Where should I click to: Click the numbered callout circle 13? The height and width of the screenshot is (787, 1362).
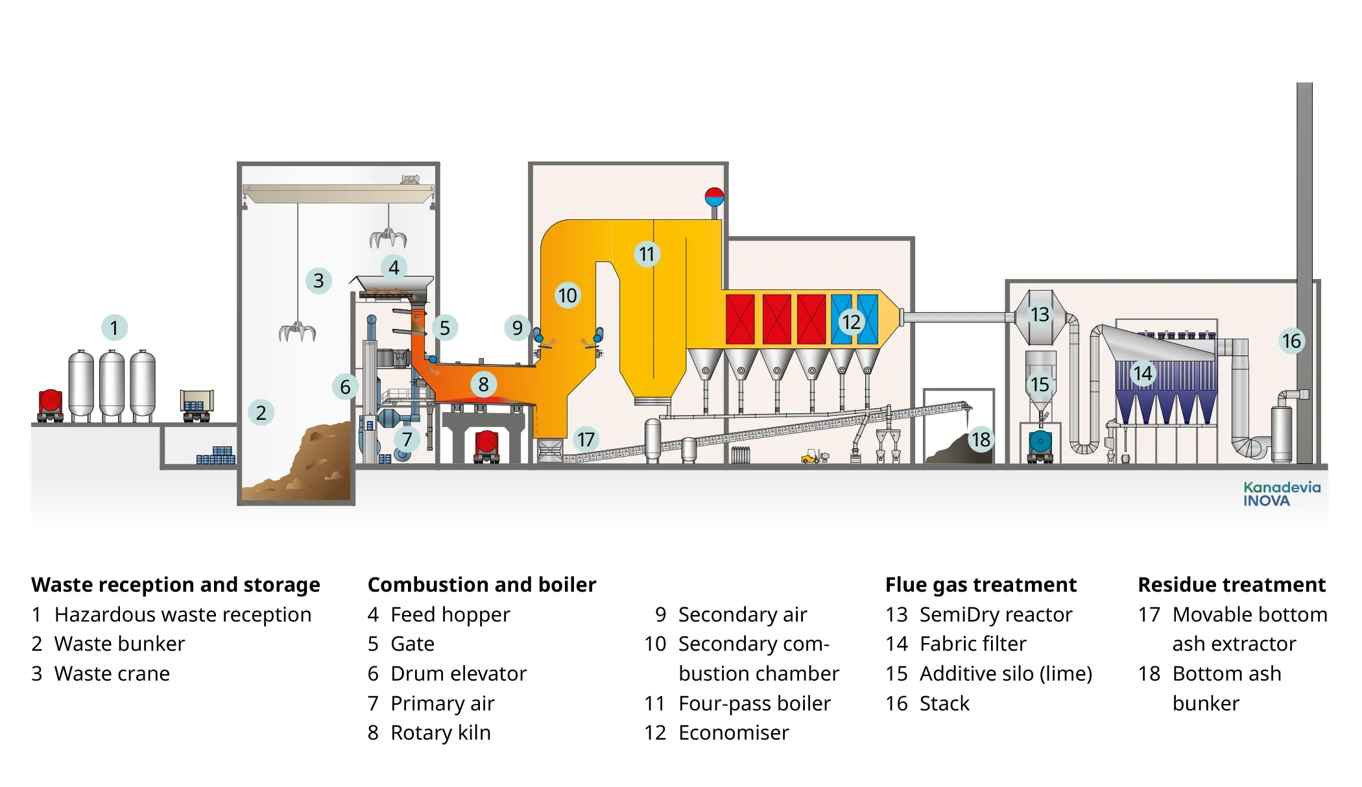pyautogui.click(x=1040, y=315)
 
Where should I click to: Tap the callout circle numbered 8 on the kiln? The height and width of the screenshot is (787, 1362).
pyautogui.click(x=483, y=384)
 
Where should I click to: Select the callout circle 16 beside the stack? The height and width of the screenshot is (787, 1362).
pyautogui.click(x=1291, y=341)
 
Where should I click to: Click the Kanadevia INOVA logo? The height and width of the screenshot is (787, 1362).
pyautogui.click(x=1282, y=494)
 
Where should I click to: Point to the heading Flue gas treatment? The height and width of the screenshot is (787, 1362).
pyautogui.click(x=980, y=585)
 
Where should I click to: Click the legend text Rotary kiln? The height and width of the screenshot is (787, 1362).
pyautogui.click(x=440, y=733)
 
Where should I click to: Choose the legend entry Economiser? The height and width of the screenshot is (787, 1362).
pyautogui.click(x=733, y=733)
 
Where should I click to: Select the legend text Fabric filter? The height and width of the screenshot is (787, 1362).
pyautogui.click(x=973, y=644)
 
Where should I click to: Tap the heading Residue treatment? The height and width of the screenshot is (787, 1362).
pyautogui.click(x=1231, y=585)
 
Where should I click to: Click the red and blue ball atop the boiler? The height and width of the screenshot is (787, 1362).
pyautogui.click(x=714, y=196)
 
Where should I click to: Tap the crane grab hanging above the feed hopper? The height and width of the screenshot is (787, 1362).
pyautogui.click(x=388, y=238)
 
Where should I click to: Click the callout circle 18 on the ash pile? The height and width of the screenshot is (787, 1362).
pyautogui.click(x=981, y=440)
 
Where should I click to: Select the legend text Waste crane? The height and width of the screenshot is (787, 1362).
pyautogui.click(x=112, y=673)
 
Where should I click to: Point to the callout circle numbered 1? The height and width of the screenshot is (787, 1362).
pyautogui.click(x=114, y=328)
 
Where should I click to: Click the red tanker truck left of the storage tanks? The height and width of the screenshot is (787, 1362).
pyautogui.click(x=51, y=405)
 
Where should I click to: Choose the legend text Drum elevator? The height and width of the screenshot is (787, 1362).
pyautogui.click(x=458, y=673)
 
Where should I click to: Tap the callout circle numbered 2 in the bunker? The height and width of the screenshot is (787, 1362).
pyautogui.click(x=261, y=413)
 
